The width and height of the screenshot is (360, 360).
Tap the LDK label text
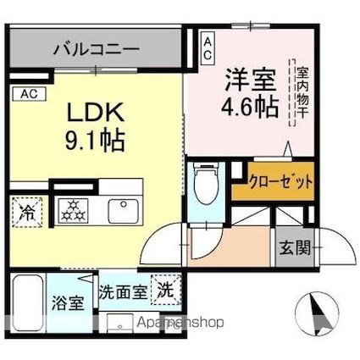tap(95, 112)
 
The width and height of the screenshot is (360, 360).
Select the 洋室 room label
tap(249, 82)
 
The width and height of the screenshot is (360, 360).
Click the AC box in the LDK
tap(28, 94)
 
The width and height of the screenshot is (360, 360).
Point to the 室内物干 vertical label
tap(301, 91)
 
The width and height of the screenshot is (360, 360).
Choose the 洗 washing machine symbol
tap(165, 290)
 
